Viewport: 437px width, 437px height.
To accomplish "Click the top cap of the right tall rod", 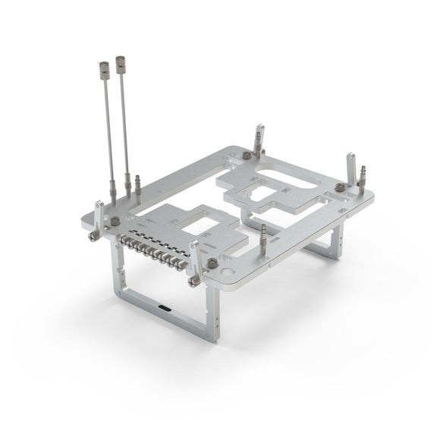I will pyautogui.click(x=120, y=58).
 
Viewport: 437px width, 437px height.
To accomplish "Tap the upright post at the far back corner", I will pyautogui.click(x=258, y=136).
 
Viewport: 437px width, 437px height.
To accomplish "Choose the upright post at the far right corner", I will pyautogui.click(x=351, y=167).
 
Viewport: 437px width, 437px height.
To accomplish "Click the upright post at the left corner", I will pyautogui.click(x=99, y=215).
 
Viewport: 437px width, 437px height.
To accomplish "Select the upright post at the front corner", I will pyautogui.click(x=195, y=258).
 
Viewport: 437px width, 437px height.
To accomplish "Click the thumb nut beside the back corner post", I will pyautogui.click(x=247, y=155).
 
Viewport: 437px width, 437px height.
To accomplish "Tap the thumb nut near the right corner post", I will pyautogui.click(x=339, y=187).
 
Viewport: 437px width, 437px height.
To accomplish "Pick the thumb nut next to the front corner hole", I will pyautogui.click(x=211, y=263).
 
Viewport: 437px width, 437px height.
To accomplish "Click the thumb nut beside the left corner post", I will pyautogui.click(x=115, y=222).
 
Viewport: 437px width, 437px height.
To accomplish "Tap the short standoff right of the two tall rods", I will pyautogui.click(x=138, y=184).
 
